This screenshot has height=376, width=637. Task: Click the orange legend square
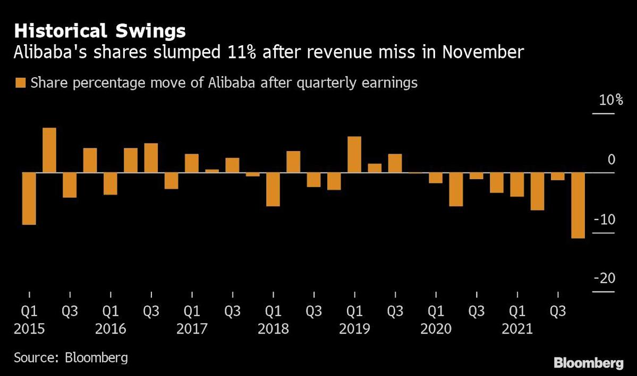(21, 83)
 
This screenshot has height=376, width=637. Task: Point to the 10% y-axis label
(611, 101)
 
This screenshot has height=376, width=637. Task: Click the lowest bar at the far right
(577, 205)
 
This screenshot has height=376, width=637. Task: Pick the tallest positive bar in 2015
(49, 151)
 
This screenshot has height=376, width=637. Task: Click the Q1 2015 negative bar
(29, 199)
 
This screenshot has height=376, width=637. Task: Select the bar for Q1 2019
(354, 155)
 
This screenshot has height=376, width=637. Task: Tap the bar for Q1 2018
(273, 189)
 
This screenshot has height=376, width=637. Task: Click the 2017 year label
(192, 329)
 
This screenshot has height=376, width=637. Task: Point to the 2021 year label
(517, 329)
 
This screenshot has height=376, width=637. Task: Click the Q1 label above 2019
(354, 311)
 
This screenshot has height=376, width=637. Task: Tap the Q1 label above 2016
(111, 311)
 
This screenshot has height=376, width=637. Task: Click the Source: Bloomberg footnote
(71, 357)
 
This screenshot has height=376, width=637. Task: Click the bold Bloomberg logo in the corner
(588, 363)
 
